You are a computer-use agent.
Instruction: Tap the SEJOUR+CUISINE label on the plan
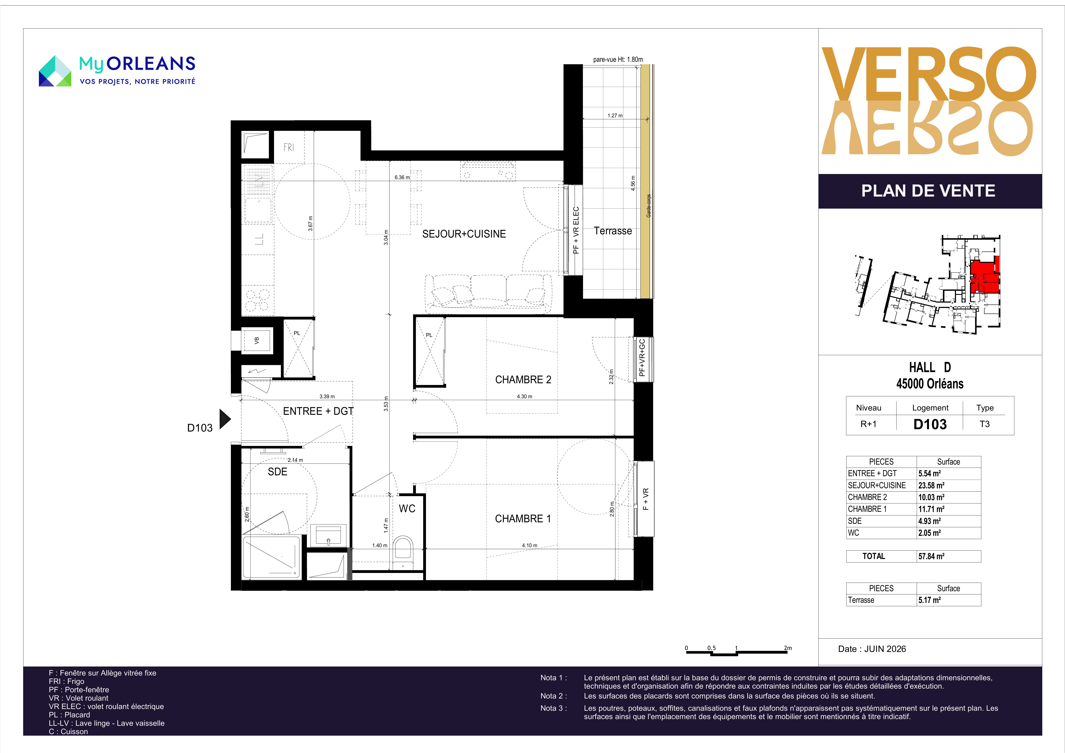coord(464,234)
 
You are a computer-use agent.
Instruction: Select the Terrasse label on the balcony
coord(613,231)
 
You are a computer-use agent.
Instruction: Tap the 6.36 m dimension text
coord(402,177)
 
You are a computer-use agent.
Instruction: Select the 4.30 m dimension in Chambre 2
coord(525,397)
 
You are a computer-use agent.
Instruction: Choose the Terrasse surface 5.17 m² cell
coord(929,600)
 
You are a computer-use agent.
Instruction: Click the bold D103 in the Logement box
coord(930,424)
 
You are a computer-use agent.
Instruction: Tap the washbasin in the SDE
coord(328,536)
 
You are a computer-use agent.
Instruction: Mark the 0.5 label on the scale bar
coord(712,648)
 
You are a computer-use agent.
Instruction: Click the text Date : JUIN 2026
coord(872,649)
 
